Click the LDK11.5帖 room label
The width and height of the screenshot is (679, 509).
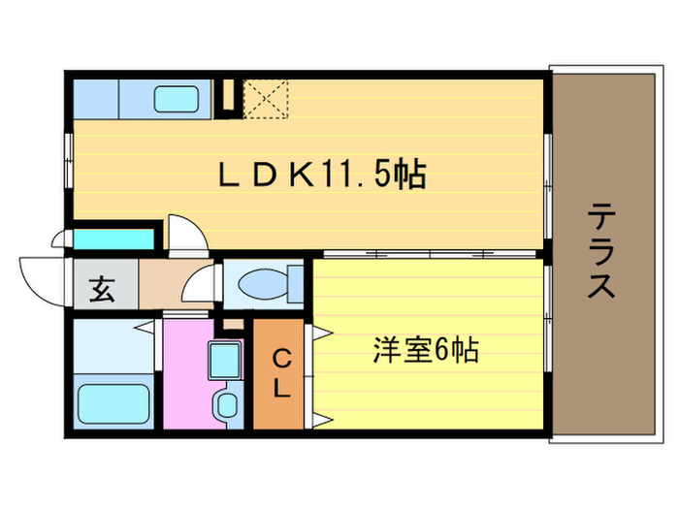pos(321,175)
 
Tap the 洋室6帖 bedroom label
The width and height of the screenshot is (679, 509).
pos(426,350)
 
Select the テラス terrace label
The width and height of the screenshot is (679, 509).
pos(601,251)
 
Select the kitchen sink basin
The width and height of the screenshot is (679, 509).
pos(176,98)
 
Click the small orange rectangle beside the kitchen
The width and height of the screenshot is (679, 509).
pos(229,95)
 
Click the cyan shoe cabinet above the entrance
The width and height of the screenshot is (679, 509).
pos(114,239)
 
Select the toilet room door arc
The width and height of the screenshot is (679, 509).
pos(200,286)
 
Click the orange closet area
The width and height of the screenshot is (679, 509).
pos(279,373)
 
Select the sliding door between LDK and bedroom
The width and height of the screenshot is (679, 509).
pos(427,254)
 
